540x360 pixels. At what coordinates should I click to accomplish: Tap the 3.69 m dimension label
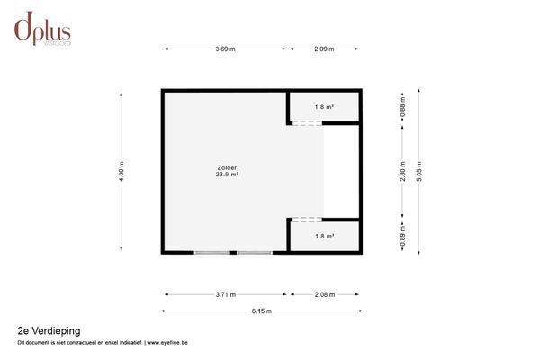[x=226, y=49]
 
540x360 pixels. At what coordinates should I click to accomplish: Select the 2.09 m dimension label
[x=324, y=49]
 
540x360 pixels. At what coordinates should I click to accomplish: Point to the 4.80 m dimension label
[x=121, y=171]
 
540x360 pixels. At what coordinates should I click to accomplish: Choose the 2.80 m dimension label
[x=403, y=171]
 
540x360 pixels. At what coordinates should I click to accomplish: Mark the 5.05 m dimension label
[x=418, y=171]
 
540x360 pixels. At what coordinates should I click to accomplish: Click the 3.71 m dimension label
[x=226, y=293]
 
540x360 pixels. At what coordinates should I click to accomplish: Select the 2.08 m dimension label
[x=324, y=293]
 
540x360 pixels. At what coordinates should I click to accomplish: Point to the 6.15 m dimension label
[x=261, y=310]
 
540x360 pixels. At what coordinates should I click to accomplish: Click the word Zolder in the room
[x=227, y=167]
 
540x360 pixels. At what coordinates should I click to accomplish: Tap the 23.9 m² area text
[x=227, y=175]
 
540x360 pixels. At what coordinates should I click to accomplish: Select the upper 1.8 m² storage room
[x=324, y=107]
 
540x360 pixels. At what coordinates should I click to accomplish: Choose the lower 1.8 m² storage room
[x=324, y=236]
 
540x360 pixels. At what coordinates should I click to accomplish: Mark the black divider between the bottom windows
[x=233, y=253]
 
